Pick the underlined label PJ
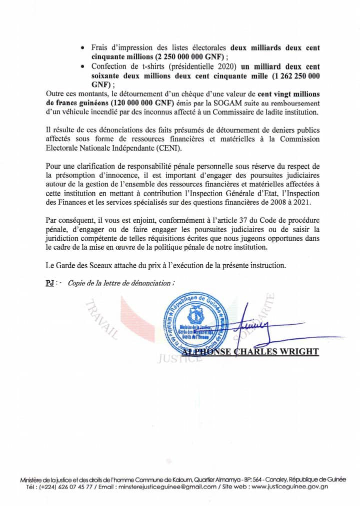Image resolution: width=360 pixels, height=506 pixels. pos(49,283)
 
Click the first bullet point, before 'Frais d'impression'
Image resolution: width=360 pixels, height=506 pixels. pos(82,48)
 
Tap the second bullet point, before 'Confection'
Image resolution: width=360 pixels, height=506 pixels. pos(82,67)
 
